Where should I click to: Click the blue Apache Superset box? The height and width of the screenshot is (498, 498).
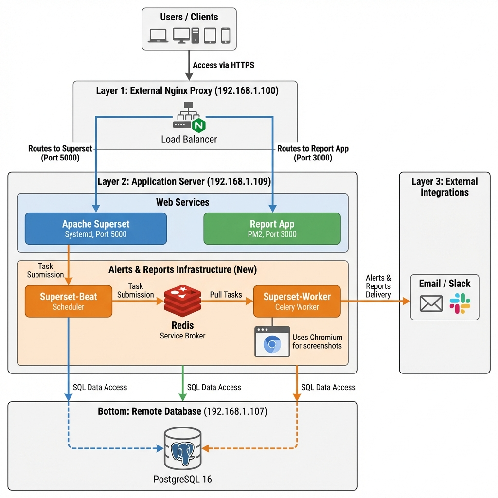(x=95, y=229)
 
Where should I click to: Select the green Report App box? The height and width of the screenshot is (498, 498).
(x=272, y=229)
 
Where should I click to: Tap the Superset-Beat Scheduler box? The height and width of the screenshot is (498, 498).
(x=68, y=301)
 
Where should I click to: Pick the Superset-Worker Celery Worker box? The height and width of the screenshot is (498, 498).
(x=297, y=301)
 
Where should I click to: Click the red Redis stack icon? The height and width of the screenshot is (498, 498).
(x=182, y=302)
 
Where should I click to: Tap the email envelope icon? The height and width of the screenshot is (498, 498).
(x=431, y=303)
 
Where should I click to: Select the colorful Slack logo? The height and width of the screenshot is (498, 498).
(x=460, y=303)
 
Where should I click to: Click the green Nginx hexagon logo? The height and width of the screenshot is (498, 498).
(x=198, y=125)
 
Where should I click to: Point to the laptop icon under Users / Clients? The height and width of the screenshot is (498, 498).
(x=158, y=36)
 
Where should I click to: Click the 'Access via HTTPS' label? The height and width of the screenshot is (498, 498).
(x=223, y=65)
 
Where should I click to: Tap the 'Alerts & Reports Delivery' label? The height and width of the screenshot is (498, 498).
(x=378, y=286)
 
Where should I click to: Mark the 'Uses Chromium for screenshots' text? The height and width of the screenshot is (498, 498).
(x=317, y=341)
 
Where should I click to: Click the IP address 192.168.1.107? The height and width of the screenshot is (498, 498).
(x=235, y=411)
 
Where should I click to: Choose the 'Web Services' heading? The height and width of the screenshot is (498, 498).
(x=182, y=202)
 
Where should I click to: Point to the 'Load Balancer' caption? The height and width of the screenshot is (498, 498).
(x=189, y=140)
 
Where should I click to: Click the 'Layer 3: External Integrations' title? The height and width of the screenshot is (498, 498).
(x=445, y=187)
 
